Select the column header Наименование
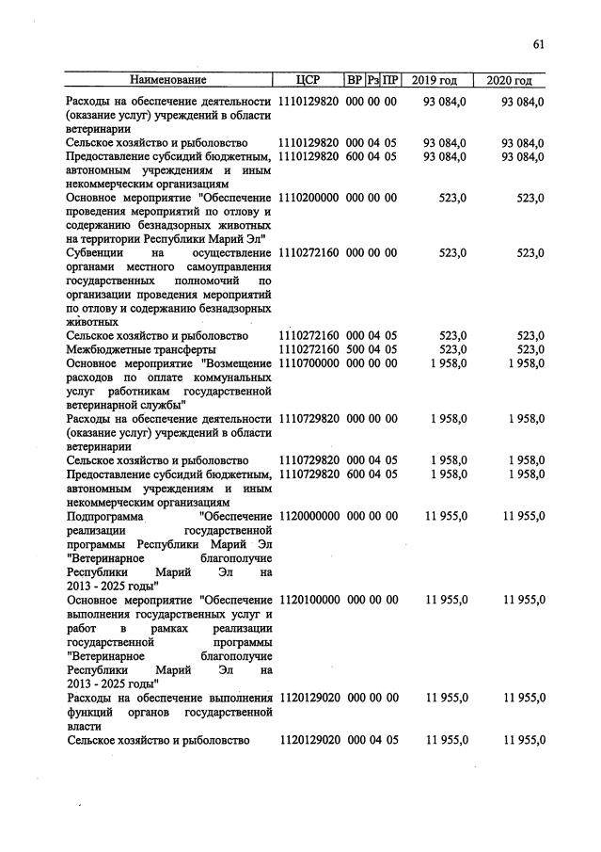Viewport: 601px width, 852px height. (x=168, y=80)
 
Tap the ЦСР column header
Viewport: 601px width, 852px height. (x=308, y=80)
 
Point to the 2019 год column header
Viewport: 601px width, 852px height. (x=435, y=80)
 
